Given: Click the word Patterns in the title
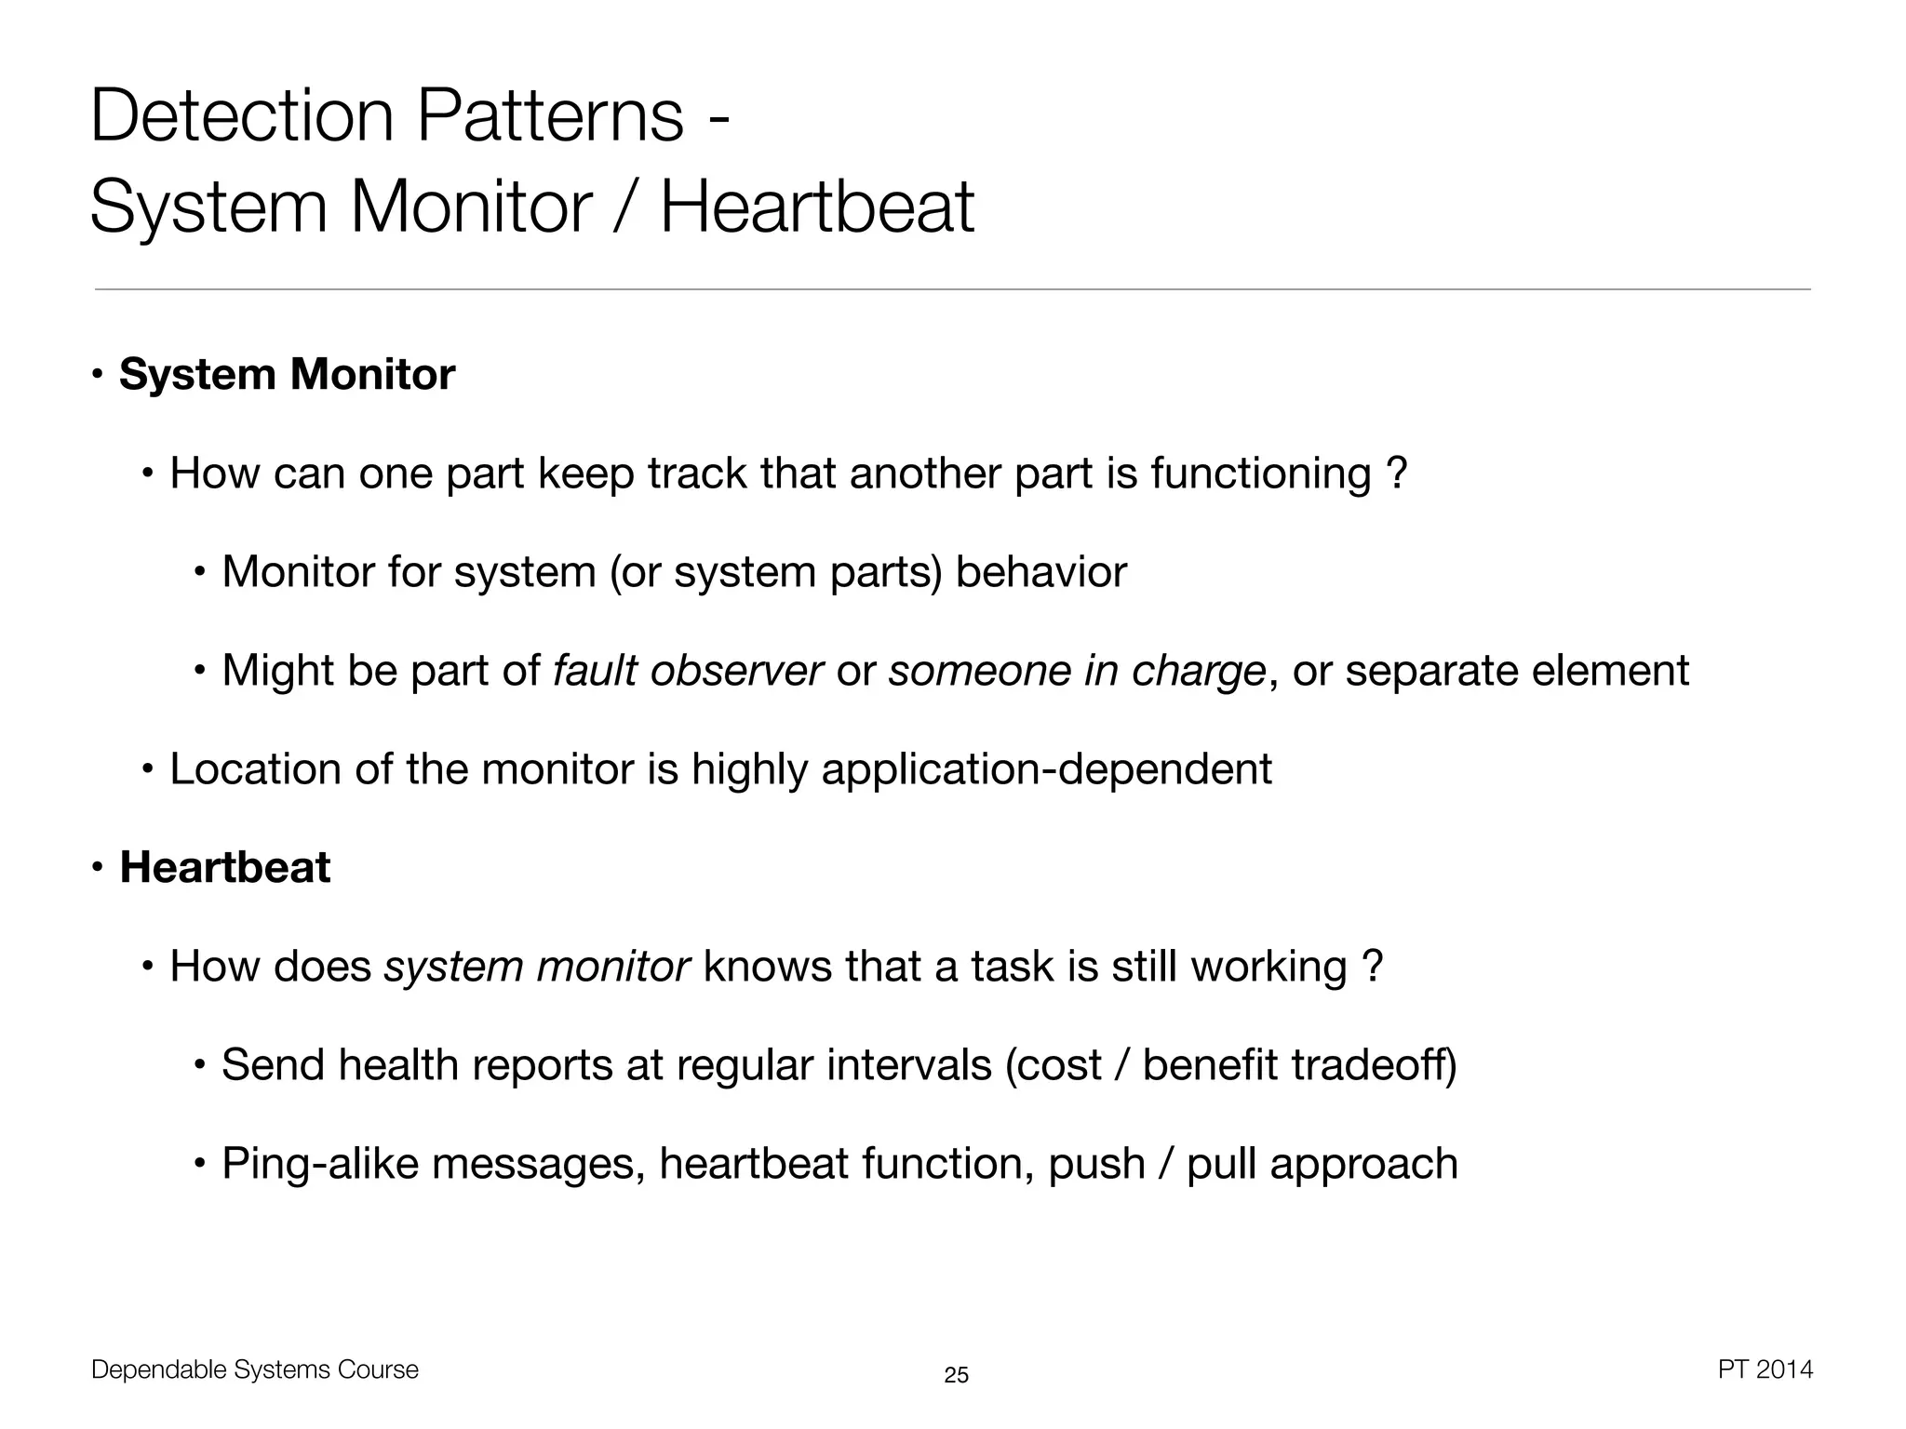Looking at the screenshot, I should click(x=550, y=115).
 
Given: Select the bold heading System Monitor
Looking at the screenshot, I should click(x=287, y=374).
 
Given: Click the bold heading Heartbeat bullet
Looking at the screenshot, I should click(x=224, y=867).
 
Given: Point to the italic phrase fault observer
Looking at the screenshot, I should click(x=688, y=670).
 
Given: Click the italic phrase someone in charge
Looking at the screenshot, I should click(x=1077, y=670).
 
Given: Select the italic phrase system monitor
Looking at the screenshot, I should click(x=537, y=966).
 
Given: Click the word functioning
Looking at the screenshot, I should click(x=1260, y=473).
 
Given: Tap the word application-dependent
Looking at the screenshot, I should click(x=1046, y=768).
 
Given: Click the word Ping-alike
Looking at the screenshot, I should click(x=320, y=1163).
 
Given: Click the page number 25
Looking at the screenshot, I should click(x=956, y=1375).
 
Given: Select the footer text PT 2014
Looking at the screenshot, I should click(x=1765, y=1369).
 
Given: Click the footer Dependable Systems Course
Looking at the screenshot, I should click(x=255, y=1369).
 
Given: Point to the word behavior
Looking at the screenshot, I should click(x=1040, y=571).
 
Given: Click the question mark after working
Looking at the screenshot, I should click(x=1371, y=966).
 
